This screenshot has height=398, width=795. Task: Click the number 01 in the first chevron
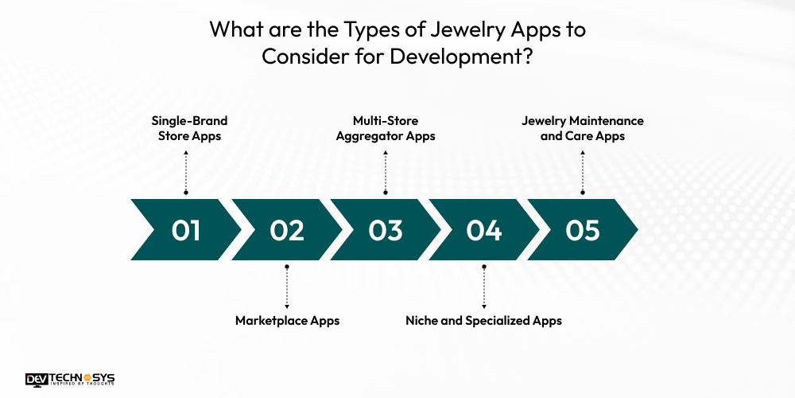186,230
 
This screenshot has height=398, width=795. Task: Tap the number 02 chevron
286,230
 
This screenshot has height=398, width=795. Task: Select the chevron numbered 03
386,230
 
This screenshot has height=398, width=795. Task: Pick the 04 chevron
484,230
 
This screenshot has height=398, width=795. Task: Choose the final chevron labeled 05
583,230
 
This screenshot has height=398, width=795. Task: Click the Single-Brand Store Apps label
190,128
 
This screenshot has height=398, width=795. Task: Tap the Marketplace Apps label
287,321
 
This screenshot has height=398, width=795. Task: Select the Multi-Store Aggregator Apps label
386,128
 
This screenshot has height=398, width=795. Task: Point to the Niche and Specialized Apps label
483,321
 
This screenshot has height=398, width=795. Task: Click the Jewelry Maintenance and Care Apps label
583,128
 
